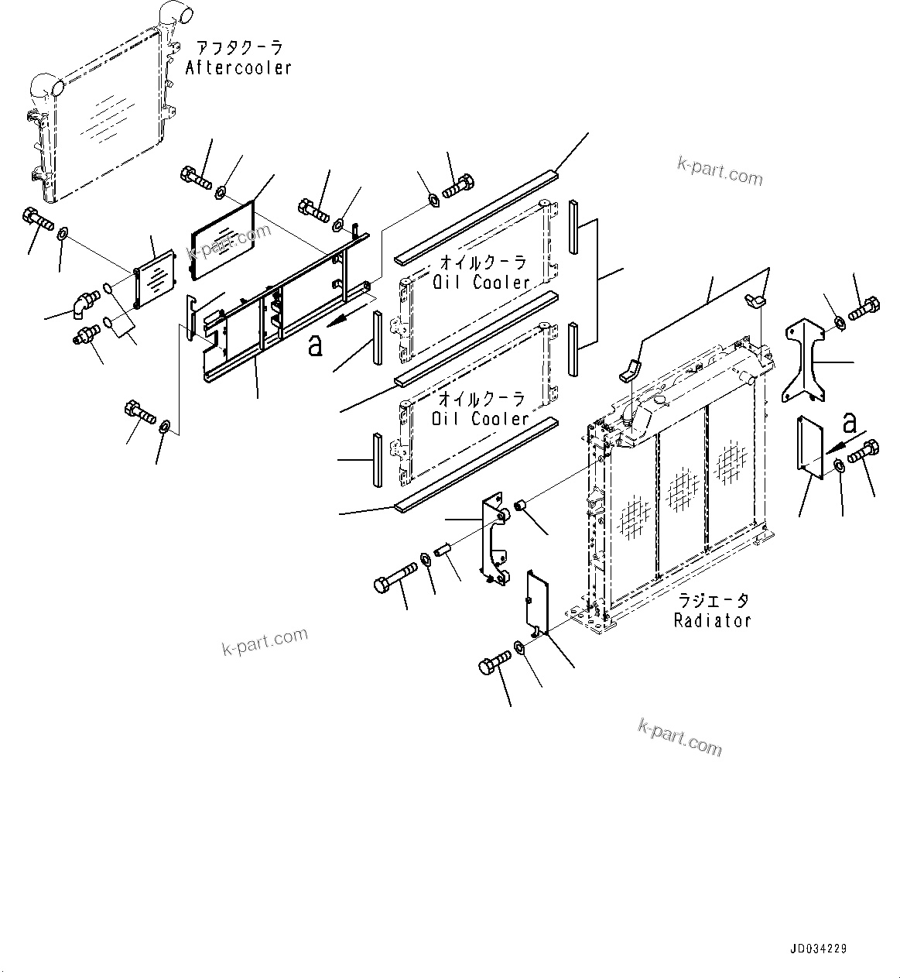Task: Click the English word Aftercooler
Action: pyautogui.click(x=238, y=68)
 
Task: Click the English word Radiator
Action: pyautogui.click(x=712, y=620)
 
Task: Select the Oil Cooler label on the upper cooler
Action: pyautogui.click(x=481, y=283)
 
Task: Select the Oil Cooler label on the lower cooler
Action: pyautogui.click(x=481, y=419)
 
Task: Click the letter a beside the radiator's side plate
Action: pyautogui.click(x=849, y=423)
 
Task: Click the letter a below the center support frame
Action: pyautogui.click(x=314, y=345)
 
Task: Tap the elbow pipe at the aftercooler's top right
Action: pyautogui.click(x=171, y=13)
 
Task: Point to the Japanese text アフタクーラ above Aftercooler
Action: pyautogui.click(x=238, y=48)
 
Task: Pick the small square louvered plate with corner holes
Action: pyautogui.click(x=156, y=277)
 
